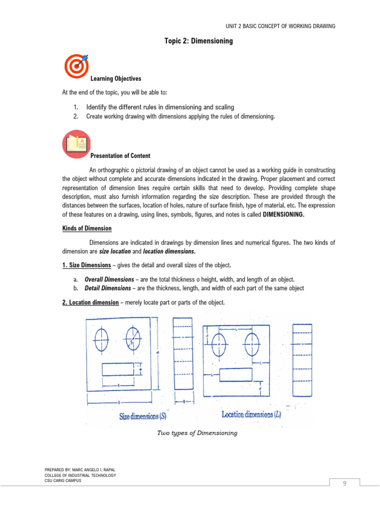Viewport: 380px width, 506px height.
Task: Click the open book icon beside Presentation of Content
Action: pyautogui.click(x=76, y=144)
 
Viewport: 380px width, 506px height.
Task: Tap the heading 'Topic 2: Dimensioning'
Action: pyautogui.click(x=198, y=42)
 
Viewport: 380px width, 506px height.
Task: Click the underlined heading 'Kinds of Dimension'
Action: pyautogui.click(x=87, y=228)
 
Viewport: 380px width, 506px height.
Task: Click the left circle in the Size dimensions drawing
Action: pyautogui.click(x=101, y=339)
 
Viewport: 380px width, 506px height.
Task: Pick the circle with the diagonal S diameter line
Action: pyautogui.click(x=133, y=339)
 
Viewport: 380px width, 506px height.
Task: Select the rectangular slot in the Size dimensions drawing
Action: pyautogui.click(x=118, y=370)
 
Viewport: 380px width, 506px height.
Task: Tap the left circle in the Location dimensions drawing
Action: pyautogui.click(x=219, y=344)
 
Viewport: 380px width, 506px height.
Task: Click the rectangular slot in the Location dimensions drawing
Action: pyautogui.click(x=236, y=375)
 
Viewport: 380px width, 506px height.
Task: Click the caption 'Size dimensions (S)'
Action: pyautogui.click(x=143, y=416)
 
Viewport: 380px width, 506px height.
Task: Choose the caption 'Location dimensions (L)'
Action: pyautogui.click(x=251, y=415)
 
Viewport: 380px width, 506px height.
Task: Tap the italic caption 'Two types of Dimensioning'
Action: pyautogui.click(x=197, y=433)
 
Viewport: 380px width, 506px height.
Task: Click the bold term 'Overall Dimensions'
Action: pyautogui.click(x=109, y=279)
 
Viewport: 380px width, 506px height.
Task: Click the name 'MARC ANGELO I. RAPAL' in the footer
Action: pyautogui.click(x=90, y=470)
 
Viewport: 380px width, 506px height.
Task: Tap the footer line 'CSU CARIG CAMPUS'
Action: pyautogui.click(x=63, y=480)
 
